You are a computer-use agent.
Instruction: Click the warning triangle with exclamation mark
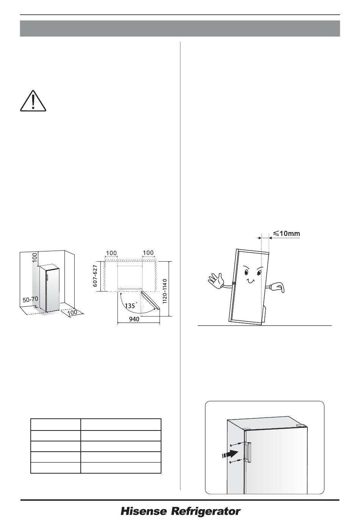pos(33,101)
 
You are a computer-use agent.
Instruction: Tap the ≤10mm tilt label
pos(286,233)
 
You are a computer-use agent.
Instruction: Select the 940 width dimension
pos(134,319)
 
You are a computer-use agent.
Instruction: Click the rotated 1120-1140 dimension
pos(165,291)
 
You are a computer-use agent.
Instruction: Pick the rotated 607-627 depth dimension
pos(95,276)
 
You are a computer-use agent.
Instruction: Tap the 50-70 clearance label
pos(30,299)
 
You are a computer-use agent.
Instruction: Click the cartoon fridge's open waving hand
pos(215,281)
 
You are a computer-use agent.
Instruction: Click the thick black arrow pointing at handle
pos(230,453)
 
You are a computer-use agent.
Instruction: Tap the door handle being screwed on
pos(248,452)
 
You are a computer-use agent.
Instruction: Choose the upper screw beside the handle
pos(235,444)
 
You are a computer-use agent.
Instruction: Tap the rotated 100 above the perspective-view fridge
pos(35,257)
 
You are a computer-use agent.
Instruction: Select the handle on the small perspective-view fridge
pos(47,277)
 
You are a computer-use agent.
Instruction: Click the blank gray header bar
pos(180,28)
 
